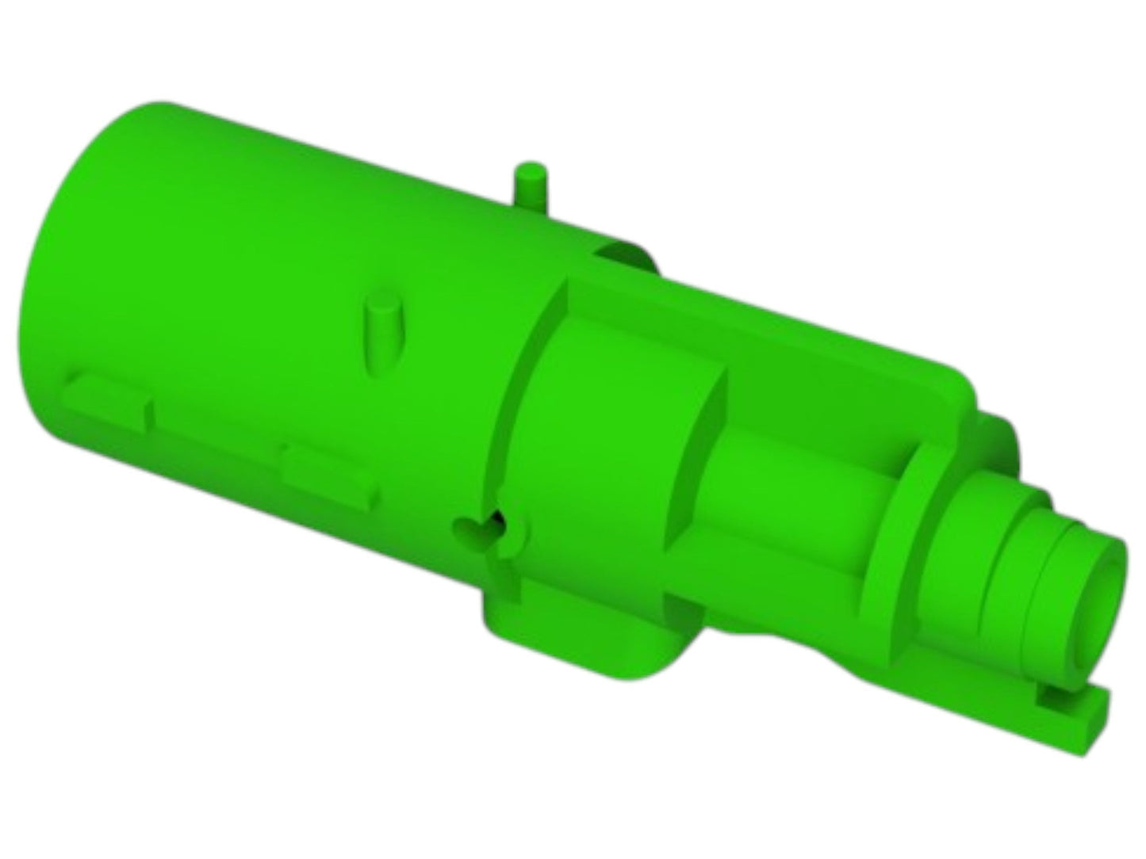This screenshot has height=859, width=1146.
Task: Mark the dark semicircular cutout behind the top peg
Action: [x=627, y=255]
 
